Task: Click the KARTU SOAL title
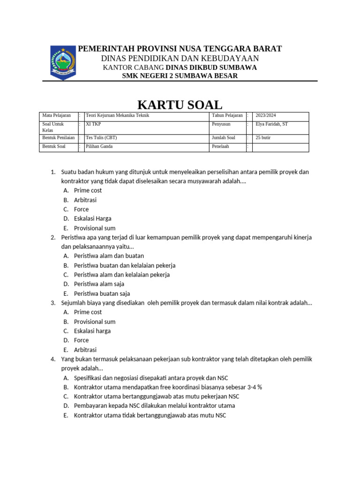pyautogui.click(x=180, y=104)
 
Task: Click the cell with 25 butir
pyautogui.click(x=263, y=138)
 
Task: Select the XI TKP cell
pyautogui.click(x=94, y=124)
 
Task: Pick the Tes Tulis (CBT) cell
pyautogui.click(x=102, y=138)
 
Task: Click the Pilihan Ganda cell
pyautogui.click(x=99, y=146)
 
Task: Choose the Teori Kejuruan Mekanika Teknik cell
pyautogui.click(x=117, y=115)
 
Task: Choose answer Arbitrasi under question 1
pyautogui.click(x=85, y=200)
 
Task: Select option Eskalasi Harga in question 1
pyautogui.click(x=93, y=219)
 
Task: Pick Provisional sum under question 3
pyautogui.click(x=95, y=322)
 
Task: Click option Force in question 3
pyautogui.click(x=81, y=340)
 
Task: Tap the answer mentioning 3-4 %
pyautogui.click(x=168, y=387)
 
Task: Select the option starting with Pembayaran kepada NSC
pyautogui.click(x=154, y=406)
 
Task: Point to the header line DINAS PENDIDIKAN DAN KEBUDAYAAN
pyautogui.click(x=180, y=58)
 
